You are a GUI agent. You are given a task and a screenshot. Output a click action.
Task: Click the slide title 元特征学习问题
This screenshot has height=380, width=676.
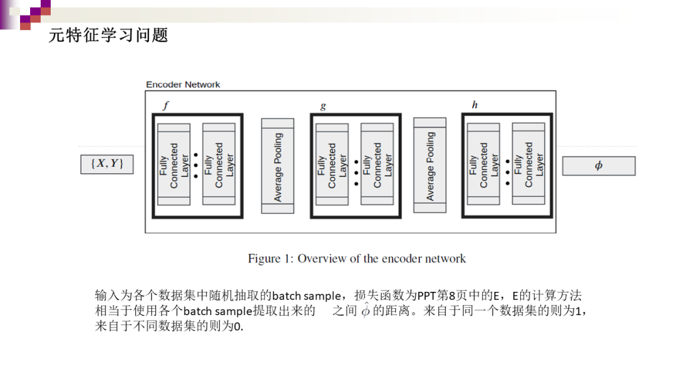click(x=108, y=36)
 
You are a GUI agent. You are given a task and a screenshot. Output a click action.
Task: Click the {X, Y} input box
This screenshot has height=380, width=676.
click(x=107, y=164)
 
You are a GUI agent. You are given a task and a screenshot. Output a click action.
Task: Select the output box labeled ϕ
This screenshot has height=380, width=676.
click(x=598, y=166)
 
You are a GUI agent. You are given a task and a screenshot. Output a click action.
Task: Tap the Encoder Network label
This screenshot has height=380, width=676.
click(x=183, y=84)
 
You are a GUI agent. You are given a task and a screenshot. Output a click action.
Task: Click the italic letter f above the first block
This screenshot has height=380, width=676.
click(x=165, y=106)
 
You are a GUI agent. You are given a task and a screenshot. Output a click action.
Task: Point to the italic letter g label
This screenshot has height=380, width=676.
click(x=323, y=106)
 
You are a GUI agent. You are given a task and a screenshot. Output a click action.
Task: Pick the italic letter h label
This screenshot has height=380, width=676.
click(x=474, y=105)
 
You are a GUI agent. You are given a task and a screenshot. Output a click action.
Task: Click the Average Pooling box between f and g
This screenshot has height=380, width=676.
click(x=277, y=166)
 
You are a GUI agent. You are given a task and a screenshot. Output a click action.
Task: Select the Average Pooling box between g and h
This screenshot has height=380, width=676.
click(x=429, y=166)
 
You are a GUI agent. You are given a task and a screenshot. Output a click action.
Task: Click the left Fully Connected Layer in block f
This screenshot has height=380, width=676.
click(x=174, y=164)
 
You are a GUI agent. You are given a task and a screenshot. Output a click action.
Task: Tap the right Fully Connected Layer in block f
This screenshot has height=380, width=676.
click(x=218, y=164)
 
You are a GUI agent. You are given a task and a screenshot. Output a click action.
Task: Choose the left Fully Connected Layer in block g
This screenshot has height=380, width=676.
click(x=332, y=164)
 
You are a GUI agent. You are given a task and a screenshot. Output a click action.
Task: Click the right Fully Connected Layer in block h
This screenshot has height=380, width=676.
click(x=528, y=164)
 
